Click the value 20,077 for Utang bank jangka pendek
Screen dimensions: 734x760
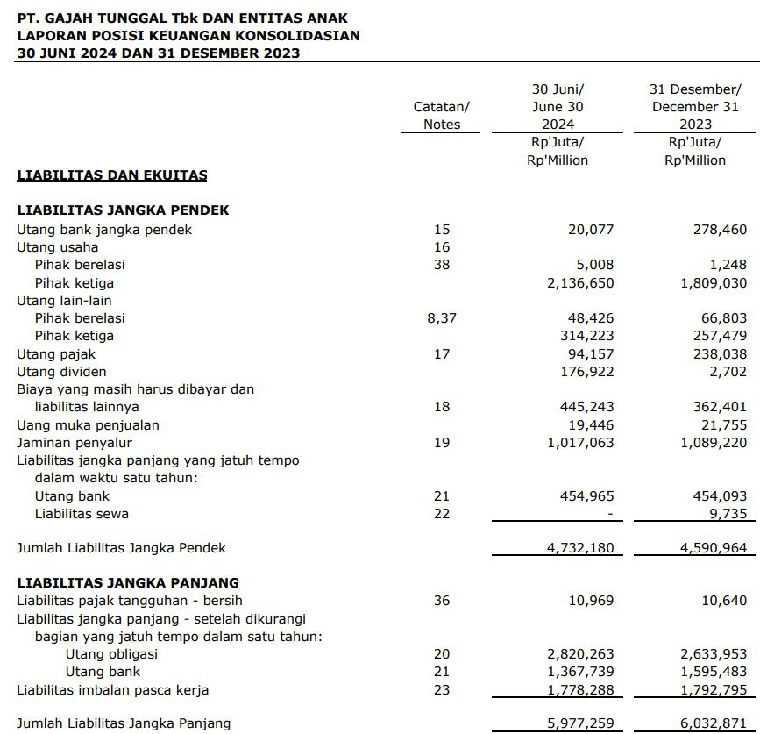591,230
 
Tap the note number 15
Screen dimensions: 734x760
441,230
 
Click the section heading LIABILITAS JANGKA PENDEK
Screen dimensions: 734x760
123,210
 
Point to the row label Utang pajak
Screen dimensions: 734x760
56,354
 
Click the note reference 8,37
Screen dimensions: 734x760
441,318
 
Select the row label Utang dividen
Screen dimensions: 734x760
62,372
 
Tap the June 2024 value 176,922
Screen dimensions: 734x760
587,372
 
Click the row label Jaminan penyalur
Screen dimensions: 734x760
75,443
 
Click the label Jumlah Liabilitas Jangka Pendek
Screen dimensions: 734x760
121,548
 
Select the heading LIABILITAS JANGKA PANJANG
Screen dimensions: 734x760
128,582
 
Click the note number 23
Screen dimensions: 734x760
441,690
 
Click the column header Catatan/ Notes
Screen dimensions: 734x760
441,115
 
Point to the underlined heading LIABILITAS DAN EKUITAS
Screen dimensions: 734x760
112,175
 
